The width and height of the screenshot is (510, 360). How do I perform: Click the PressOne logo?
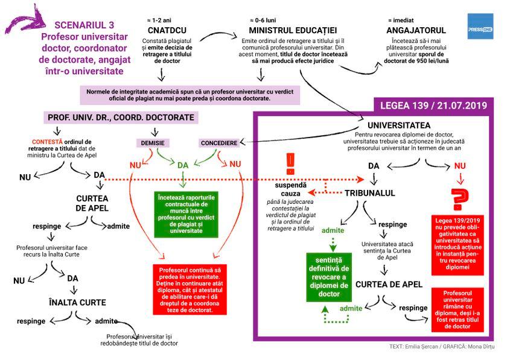[x=480, y=27]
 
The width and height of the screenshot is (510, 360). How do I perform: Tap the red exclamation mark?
[x=290, y=162]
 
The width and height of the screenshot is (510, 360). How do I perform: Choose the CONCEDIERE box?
[x=218, y=143]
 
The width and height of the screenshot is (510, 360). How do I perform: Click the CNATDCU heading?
[x=167, y=30]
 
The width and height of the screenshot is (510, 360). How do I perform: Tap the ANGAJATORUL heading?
[x=416, y=30]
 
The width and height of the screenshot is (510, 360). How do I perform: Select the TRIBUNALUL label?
[x=370, y=193]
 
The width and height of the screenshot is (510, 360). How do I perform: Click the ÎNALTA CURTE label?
[x=77, y=302]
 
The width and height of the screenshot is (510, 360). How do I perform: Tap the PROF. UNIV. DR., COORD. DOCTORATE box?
[x=120, y=118]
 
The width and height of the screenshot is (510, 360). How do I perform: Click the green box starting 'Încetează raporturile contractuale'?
[x=185, y=214]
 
